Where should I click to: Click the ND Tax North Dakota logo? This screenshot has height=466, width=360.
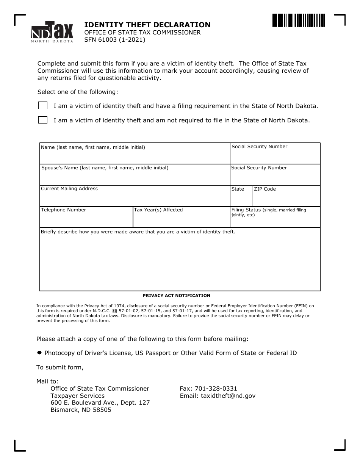tap(52, 32)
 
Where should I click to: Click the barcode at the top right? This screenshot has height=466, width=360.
tap(298, 20)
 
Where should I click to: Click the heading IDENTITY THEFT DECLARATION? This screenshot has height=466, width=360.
tap(147, 25)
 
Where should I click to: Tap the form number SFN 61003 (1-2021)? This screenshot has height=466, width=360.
tap(114, 39)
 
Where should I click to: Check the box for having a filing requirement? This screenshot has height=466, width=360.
tap(43, 106)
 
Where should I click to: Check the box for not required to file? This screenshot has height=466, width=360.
tap(43, 120)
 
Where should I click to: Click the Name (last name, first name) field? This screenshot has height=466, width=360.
tap(135, 156)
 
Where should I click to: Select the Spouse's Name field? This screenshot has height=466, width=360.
tap(135, 177)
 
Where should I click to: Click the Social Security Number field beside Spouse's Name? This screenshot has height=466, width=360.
tap(275, 177)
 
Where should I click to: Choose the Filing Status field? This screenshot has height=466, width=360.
tap(275, 221)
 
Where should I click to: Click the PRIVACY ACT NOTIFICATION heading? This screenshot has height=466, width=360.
tap(176, 296)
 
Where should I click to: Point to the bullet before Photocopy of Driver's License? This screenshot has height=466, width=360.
tap(39, 353)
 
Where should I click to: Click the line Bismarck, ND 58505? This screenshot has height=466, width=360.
tap(81, 410)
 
